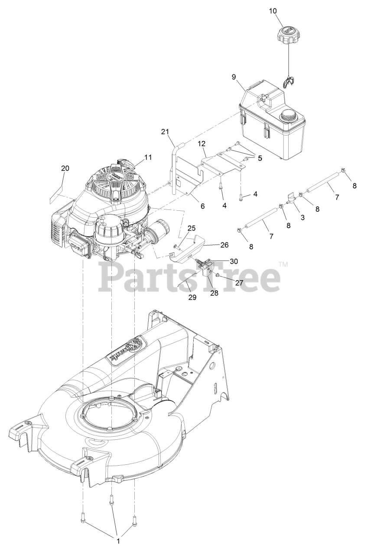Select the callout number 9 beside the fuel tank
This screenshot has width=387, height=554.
point(234,77)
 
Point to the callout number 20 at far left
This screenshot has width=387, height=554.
point(65,168)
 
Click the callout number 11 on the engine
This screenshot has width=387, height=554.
point(148,157)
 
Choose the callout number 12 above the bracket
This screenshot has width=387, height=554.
point(202,143)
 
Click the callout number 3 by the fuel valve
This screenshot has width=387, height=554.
point(302,217)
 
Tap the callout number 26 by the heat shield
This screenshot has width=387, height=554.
point(224,245)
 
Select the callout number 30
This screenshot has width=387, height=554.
point(234,261)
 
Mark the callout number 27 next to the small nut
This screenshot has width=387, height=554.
point(239,282)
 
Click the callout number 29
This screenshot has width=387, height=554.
point(192,297)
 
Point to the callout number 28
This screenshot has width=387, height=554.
point(214,293)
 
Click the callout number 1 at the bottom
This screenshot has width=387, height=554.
point(118,541)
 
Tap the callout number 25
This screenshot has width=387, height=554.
point(192,228)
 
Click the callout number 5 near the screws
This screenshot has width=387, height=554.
point(260,158)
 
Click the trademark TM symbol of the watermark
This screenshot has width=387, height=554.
point(283,264)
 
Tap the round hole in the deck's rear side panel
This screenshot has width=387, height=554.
point(212,366)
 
